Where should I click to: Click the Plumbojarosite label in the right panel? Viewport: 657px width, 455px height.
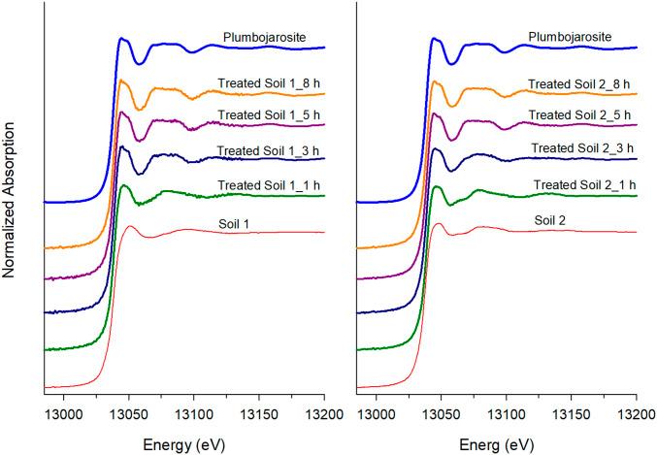click(x=575, y=37)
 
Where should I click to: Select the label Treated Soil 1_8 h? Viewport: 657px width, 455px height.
click(x=270, y=84)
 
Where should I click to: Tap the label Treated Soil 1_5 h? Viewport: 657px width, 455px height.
click(x=270, y=115)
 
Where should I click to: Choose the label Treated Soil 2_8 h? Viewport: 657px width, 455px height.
click(x=579, y=84)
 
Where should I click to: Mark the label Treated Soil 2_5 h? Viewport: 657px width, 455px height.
click(x=579, y=115)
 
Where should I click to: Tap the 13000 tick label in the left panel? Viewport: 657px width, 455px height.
click(x=63, y=411)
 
